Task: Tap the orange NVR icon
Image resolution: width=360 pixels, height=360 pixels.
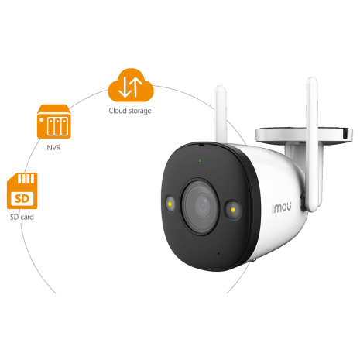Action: [x=54, y=122]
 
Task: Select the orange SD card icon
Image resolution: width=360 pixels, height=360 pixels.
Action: [x=22, y=191]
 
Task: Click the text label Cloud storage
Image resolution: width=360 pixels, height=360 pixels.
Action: [x=130, y=111]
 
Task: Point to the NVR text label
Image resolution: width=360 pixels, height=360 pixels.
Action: [x=53, y=148]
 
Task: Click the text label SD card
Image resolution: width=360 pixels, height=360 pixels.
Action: [x=22, y=217]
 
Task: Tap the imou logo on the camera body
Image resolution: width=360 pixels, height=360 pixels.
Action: [x=282, y=207]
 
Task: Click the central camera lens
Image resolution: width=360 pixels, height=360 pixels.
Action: [x=200, y=206]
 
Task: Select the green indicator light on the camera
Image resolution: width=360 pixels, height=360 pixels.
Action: [x=200, y=161]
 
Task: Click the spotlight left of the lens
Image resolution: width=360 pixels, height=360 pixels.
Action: [x=170, y=204]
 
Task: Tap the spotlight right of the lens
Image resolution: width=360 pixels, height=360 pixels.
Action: [x=233, y=210]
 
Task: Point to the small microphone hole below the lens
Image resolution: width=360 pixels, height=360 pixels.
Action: [x=219, y=254]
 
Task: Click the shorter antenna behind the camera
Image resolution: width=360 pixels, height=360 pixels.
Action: [x=221, y=115]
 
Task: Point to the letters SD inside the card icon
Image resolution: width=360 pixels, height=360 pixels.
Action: [x=22, y=199]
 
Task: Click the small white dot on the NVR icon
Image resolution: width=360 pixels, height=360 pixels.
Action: [x=41, y=120]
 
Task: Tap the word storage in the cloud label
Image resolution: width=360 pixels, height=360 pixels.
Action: [x=140, y=111]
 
